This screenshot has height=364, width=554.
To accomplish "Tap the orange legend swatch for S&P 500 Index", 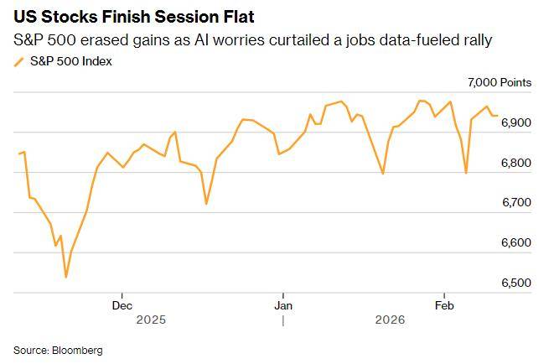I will (x=19, y=61).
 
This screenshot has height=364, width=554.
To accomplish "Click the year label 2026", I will (x=390, y=320).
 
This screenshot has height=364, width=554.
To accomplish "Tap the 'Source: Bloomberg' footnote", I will (x=58, y=349).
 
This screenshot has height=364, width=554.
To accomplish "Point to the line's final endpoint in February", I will (x=498, y=116).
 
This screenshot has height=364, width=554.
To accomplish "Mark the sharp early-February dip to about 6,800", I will (x=466, y=173).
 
